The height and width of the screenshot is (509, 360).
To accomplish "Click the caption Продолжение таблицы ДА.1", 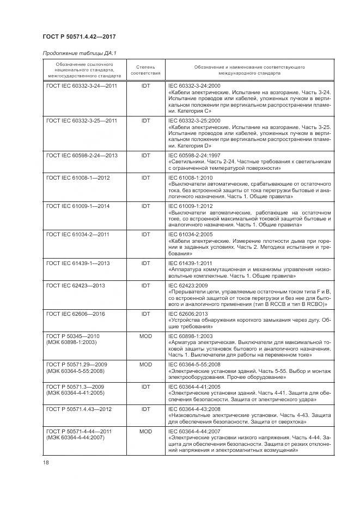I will [80, 52].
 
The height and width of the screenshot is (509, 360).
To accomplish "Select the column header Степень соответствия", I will [145, 69].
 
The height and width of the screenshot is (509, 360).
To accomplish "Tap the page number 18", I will [46, 462].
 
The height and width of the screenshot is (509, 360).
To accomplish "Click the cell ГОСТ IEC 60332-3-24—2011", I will [82, 86].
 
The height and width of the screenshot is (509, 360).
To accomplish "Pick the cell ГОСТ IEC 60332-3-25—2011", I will [82, 120].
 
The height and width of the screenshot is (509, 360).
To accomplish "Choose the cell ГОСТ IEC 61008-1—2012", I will [78, 177].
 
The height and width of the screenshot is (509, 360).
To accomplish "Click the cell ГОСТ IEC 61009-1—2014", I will [78, 206].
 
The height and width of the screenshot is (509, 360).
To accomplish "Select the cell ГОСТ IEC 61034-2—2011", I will [78, 234].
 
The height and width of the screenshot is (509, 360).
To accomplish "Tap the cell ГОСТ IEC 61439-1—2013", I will [78, 263].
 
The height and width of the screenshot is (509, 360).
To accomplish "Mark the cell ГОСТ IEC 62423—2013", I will [76, 285].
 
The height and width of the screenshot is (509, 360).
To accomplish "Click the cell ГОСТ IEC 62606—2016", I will [76, 314].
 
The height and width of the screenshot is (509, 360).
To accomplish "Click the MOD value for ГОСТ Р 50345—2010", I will [145, 336].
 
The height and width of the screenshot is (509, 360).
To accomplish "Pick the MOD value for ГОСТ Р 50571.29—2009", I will [145, 364].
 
